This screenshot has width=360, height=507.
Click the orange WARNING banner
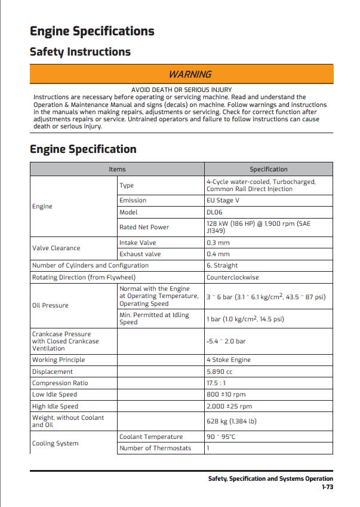[x=190, y=74]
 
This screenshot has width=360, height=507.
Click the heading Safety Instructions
[x=80, y=52]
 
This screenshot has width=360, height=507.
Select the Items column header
[x=117, y=170]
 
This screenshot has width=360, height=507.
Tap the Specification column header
[x=268, y=170]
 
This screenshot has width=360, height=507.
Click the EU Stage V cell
[x=223, y=200]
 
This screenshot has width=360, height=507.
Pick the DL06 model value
[x=214, y=212]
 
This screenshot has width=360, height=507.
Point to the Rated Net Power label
[x=144, y=227]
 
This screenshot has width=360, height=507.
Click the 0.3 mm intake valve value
[x=218, y=242]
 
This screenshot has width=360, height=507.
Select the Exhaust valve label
[x=140, y=254]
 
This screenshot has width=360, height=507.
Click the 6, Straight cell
[x=222, y=265]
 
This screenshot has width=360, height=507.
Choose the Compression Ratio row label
[x=60, y=383]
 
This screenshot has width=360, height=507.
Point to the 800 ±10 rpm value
[x=226, y=394]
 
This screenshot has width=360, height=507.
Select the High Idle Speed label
[x=55, y=406]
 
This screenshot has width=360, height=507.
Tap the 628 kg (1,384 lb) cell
[x=231, y=421]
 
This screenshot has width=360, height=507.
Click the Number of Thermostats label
[x=155, y=448]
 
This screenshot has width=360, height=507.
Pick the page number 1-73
[x=327, y=487]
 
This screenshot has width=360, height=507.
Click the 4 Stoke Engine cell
[x=229, y=359]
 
